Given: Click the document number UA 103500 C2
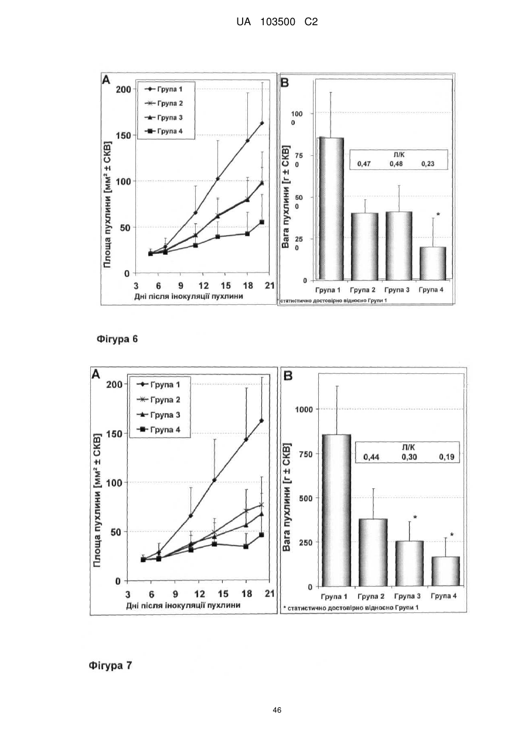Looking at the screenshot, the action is click(x=277, y=22).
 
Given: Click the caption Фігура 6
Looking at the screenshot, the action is click(x=117, y=339).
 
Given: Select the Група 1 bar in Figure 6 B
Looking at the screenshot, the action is click(x=331, y=209).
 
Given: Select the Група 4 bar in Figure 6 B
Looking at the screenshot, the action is click(x=432, y=264).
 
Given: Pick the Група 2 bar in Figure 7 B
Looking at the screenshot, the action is click(x=373, y=553).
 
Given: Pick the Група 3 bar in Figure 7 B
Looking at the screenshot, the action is click(x=410, y=564).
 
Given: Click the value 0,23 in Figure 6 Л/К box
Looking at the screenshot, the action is click(x=428, y=164).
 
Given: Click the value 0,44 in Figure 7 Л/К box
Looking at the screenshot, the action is click(x=371, y=457).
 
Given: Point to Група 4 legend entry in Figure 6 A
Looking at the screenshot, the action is click(x=163, y=131).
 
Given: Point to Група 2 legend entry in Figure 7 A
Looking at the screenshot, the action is click(x=159, y=400).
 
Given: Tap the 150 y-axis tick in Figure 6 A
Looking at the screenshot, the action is click(x=124, y=135).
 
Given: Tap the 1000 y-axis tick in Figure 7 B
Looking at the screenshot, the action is click(x=304, y=409).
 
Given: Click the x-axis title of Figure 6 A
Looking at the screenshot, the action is click(x=189, y=296).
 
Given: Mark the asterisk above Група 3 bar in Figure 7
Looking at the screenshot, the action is click(x=415, y=517).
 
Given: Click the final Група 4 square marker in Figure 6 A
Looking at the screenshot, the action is click(x=262, y=222).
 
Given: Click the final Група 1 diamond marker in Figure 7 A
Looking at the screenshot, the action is click(x=261, y=421).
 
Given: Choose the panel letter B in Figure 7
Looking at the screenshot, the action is click(x=288, y=376).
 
